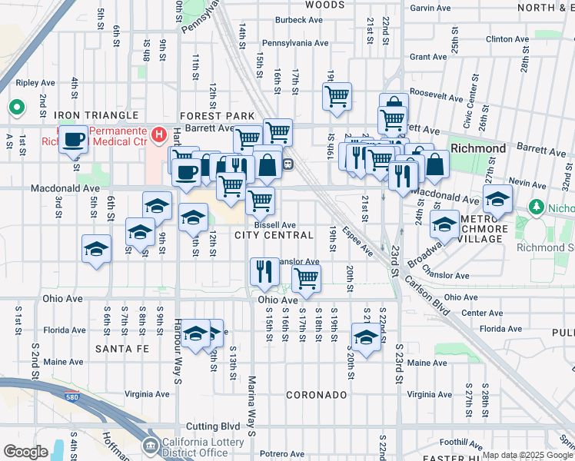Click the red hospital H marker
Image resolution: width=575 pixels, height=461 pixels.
[159, 135]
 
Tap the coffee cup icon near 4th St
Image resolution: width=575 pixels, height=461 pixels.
[75, 140]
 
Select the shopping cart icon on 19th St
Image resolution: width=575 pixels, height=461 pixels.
[337, 97]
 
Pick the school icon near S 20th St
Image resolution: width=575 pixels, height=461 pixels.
[366, 337]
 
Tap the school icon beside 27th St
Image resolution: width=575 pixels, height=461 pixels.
[497, 198]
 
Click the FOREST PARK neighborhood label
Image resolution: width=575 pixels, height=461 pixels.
[218, 115]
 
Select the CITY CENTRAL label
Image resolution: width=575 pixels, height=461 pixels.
[274, 235]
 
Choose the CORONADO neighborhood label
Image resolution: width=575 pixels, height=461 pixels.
[317, 394]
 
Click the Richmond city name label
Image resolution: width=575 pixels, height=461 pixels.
[478, 148]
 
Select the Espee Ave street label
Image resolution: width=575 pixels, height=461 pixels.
[357, 241]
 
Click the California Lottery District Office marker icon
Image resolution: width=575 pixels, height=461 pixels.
[151, 445]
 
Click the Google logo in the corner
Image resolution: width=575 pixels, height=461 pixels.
[26, 452]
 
